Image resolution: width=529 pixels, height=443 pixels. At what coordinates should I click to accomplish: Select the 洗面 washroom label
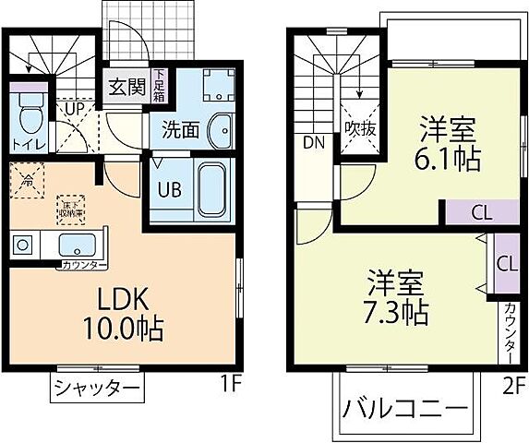point(181,129)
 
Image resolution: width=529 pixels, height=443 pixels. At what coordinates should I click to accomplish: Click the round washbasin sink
point(221,130)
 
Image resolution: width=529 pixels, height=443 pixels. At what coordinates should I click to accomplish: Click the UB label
point(167,191)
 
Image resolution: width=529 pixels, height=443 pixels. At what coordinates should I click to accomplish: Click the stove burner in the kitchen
point(22,245)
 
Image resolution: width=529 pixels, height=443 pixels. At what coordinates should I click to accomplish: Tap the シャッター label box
point(96,388)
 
